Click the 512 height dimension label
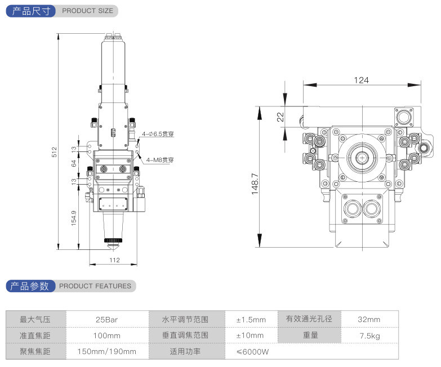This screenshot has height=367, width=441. (55, 151)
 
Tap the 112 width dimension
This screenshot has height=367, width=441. (114, 260)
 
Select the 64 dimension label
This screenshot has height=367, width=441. (74, 164)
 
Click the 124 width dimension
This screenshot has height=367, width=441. (361, 80)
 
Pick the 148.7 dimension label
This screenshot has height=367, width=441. (255, 183)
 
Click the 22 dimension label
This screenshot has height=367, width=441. (280, 117)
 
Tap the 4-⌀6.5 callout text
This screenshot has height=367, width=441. (158, 135)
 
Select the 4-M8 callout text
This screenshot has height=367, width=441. (160, 160)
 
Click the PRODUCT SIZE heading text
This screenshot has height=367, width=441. (87, 11)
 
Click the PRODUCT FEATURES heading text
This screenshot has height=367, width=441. (95, 286)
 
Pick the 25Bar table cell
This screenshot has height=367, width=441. (107, 320)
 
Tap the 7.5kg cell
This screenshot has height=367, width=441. (369, 335)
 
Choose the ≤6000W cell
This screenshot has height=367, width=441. (252, 352)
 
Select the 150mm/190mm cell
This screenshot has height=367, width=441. (107, 352)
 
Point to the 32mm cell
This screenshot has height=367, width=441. (369, 320)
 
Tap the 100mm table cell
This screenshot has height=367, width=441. (107, 335)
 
